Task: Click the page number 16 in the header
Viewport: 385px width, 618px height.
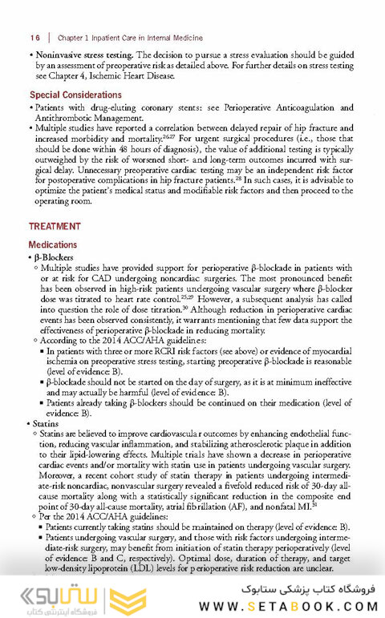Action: point(34,38)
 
